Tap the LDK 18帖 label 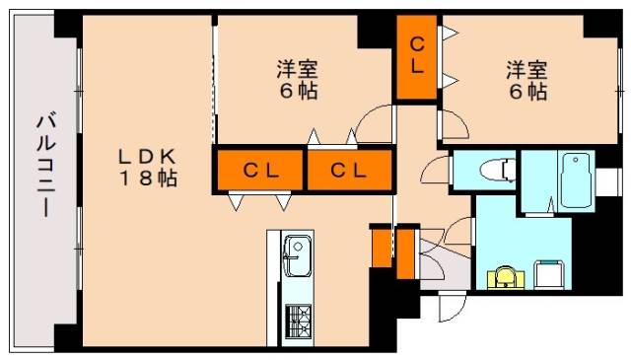[147, 167]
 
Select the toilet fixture [497, 169]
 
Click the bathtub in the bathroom [576, 180]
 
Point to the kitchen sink [298, 254]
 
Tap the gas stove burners [298, 321]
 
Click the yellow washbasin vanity [506, 278]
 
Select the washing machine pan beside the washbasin [550, 275]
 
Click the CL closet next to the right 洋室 [417, 57]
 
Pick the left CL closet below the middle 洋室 [260, 171]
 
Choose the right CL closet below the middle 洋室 [349, 171]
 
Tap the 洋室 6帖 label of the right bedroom [526, 81]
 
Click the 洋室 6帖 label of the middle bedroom [298, 81]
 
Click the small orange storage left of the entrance [382, 248]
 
